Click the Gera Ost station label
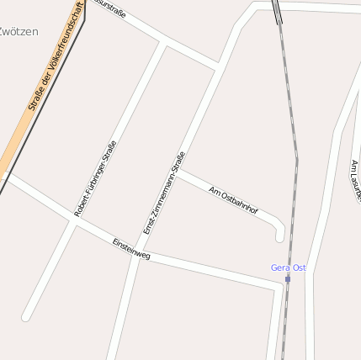288,267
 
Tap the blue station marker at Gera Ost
288,278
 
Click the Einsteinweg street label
131,248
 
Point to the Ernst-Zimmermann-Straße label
163,193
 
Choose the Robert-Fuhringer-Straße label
95,178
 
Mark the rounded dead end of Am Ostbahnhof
280,236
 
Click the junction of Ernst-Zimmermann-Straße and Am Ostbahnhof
178,172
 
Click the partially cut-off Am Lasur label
355,181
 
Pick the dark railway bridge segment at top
277,11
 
